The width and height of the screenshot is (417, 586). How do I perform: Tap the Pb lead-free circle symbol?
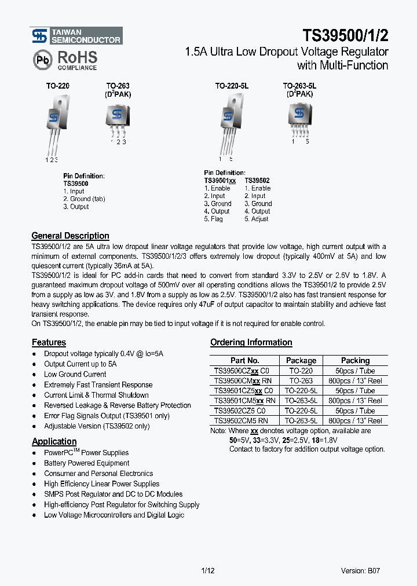42,60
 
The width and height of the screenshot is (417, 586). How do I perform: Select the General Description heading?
70,236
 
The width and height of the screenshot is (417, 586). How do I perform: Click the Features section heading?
49,342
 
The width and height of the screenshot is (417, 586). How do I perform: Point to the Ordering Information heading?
251,342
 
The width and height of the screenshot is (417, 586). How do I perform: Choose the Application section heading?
54,441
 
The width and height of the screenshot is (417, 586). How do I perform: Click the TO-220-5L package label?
232,86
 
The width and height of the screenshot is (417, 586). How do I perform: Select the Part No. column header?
244,360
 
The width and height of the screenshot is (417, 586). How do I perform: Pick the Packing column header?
355,360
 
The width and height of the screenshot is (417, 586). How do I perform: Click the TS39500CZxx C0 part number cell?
242,371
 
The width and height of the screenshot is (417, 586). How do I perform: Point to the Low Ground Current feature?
75,374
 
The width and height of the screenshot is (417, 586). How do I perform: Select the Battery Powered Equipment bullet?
86,463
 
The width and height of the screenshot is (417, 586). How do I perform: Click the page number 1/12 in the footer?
208,570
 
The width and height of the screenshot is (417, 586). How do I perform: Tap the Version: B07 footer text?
360,570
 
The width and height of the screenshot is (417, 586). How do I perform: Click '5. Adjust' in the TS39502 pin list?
256,219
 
